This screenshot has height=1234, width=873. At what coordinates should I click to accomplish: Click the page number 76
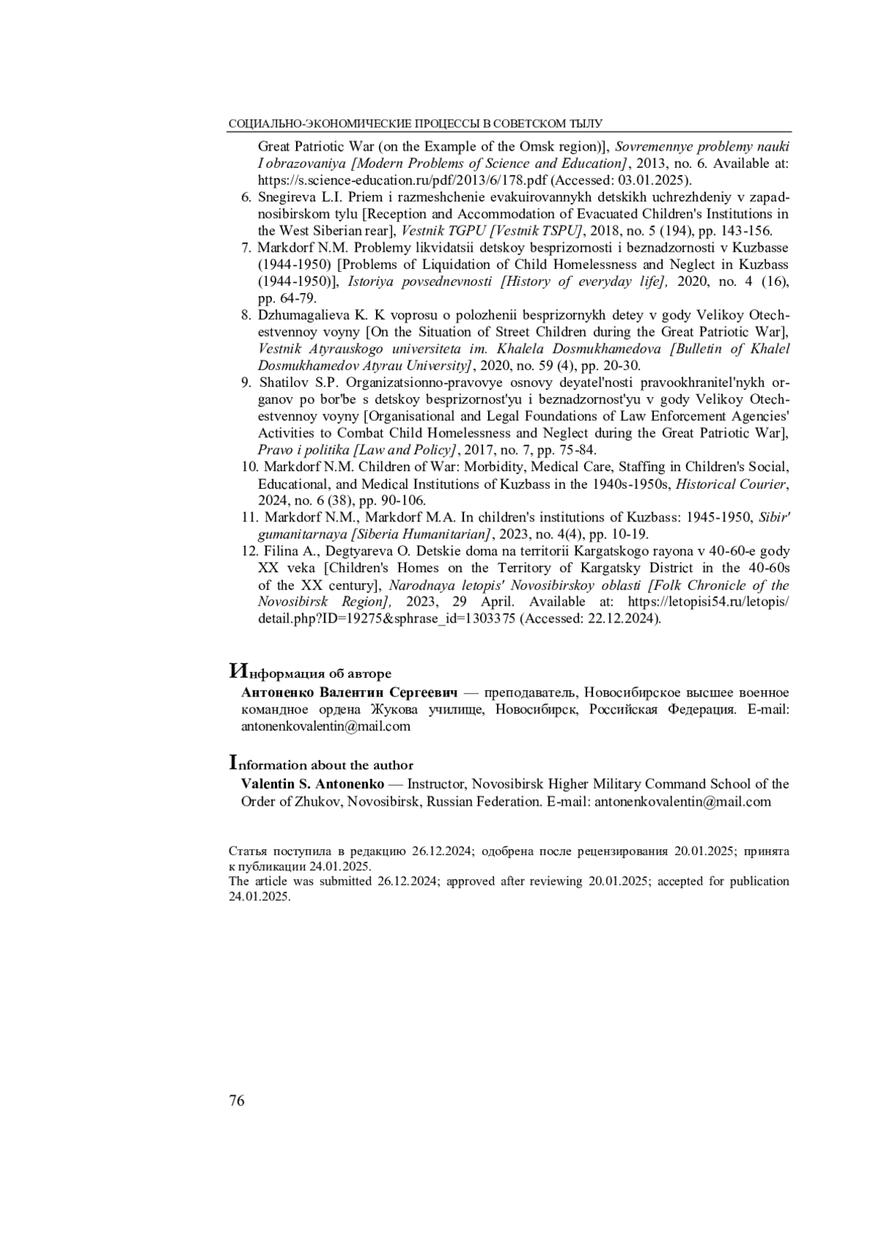click(237, 1100)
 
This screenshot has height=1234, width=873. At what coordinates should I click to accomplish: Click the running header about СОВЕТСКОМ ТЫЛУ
click(415, 124)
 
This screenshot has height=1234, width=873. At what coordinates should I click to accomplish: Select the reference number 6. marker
click(246, 197)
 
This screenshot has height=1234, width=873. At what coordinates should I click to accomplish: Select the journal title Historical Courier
click(732, 484)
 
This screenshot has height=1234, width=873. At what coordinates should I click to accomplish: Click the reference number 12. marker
click(250, 551)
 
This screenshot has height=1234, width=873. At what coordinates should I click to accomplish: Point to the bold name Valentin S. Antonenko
click(313, 784)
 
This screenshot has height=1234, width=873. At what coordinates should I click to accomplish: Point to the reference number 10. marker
click(250, 467)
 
